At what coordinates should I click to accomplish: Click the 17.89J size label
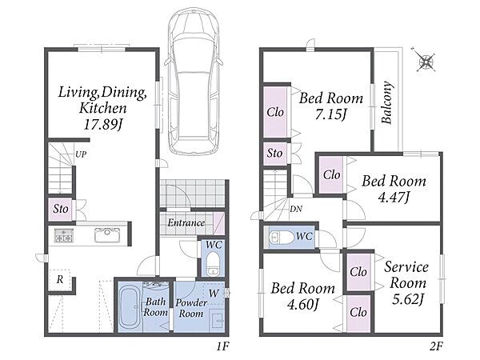(x=103, y=125)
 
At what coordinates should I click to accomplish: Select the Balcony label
(x=387, y=102)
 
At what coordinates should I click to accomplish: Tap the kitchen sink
(x=107, y=235)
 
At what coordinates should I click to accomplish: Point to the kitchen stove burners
(x=64, y=235)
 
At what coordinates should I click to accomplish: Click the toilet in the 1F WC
(x=212, y=264)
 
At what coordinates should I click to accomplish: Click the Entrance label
(x=186, y=222)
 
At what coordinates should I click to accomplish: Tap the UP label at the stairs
(x=81, y=154)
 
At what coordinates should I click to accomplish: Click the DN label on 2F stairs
(x=296, y=209)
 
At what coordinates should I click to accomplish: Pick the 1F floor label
(x=222, y=346)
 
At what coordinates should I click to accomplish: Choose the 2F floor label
(x=436, y=346)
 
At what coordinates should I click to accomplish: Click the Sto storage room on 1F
(x=61, y=210)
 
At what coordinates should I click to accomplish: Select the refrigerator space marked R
(x=60, y=280)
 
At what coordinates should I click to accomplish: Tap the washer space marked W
(x=214, y=294)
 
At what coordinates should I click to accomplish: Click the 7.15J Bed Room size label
(x=331, y=115)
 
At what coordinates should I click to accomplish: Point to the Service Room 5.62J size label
(x=408, y=299)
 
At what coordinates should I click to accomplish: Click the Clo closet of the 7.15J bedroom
(x=275, y=112)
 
